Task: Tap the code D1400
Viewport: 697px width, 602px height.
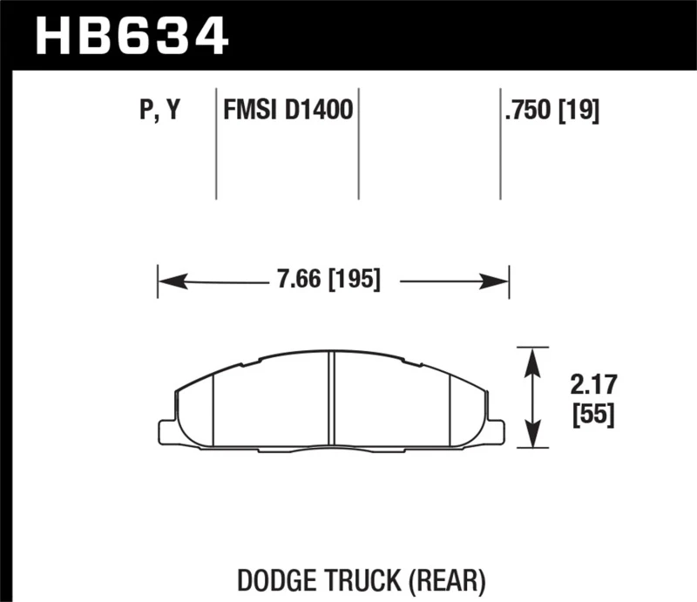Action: click(x=319, y=111)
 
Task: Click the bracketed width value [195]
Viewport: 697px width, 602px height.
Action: click(x=353, y=281)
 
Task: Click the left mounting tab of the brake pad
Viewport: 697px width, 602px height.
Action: click(x=166, y=431)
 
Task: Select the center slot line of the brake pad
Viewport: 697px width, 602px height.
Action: click(x=331, y=401)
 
